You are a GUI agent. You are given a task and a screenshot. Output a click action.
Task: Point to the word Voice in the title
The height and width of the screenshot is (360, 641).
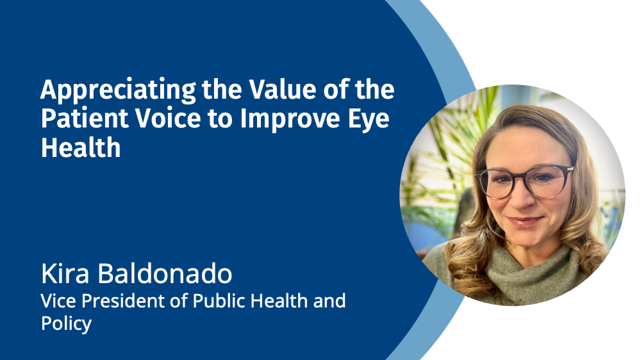tap(168, 118)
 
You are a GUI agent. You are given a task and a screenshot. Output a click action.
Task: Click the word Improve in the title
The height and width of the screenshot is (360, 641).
tap(290, 119)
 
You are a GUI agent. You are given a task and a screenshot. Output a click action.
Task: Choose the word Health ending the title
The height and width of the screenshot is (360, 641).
tap(81, 147)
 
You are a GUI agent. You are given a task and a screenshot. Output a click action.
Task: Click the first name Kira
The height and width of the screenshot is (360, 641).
tap(65, 274)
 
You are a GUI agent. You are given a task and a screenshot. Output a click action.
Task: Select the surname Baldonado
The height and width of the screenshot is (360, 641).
tap(165, 274)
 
